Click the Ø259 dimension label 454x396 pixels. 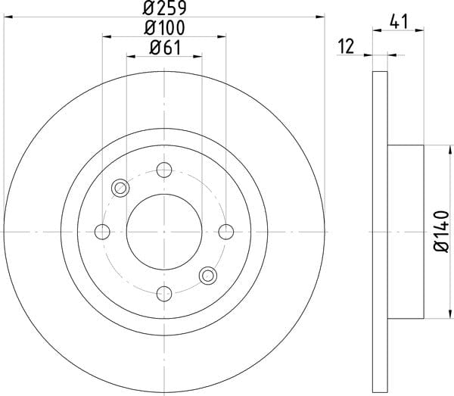click(164, 8)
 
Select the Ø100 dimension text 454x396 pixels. click(164, 28)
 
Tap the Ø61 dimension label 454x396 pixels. click(165, 48)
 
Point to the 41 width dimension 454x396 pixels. click(399, 22)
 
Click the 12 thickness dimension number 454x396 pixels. click(347, 46)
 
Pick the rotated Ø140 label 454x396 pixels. click(440, 232)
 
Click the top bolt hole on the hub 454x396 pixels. click(164, 170)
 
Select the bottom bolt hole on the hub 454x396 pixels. click(164, 294)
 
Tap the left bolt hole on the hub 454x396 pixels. click(102, 232)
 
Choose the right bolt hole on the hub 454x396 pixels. click(225, 232)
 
